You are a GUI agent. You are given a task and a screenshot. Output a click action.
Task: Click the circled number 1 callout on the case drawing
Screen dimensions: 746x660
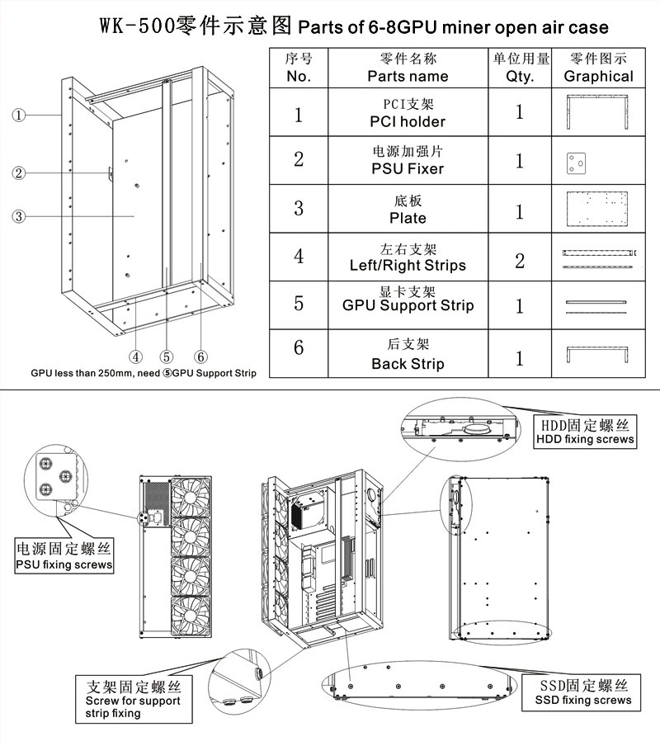click(x=20, y=115)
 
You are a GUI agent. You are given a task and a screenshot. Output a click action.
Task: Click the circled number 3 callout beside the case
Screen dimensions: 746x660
click(x=20, y=217)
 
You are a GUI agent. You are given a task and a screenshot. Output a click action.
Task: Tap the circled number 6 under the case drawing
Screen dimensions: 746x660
click(x=200, y=356)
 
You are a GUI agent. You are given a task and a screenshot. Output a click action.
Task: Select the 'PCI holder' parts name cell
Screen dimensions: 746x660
click(x=408, y=113)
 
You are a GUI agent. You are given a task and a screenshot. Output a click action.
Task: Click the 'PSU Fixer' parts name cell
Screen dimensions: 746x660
click(x=408, y=161)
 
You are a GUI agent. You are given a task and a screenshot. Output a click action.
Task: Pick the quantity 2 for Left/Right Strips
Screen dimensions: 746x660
click(x=520, y=261)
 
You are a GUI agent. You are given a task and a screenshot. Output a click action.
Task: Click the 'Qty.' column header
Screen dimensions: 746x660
click(x=521, y=68)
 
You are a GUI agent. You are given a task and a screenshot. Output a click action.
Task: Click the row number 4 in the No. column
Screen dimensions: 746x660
click(x=299, y=256)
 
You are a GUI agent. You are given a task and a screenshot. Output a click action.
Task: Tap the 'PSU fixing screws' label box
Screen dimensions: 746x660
click(x=64, y=556)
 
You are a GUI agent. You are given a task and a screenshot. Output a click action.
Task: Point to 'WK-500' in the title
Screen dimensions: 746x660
click(x=136, y=26)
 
